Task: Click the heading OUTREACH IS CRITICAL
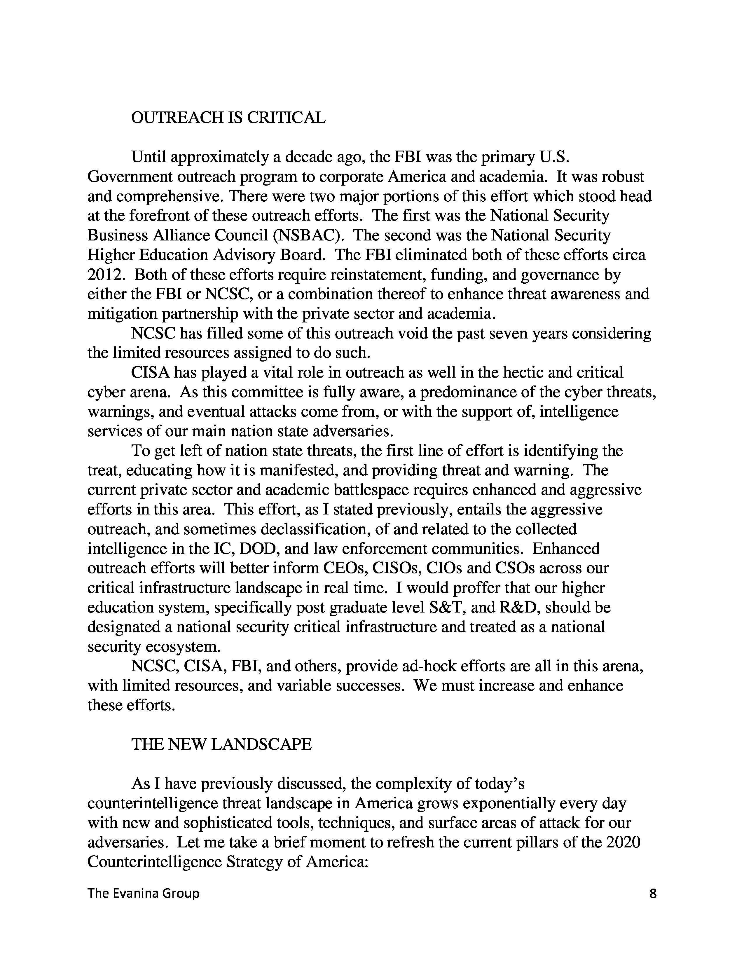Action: [228, 118]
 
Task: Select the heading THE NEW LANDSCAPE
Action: [221, 744]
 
